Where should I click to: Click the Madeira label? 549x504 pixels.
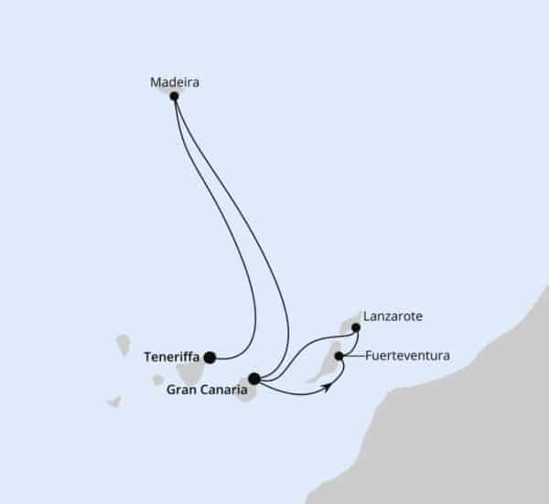pos(175,82)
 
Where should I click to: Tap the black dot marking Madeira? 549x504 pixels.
pos(174,96)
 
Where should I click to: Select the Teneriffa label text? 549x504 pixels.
pos(172,357)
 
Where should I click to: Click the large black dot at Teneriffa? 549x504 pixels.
pos(210,358)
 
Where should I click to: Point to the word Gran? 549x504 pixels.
pos(180,390)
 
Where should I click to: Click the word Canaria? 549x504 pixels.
pos(223,390)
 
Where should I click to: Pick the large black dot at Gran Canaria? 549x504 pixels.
pos(254,379)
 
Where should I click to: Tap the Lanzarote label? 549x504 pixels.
pos(393,316)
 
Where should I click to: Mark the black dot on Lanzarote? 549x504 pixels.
pos(356,328)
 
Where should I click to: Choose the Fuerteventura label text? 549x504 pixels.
pos(407,356)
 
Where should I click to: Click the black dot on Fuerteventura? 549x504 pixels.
pos(339,356)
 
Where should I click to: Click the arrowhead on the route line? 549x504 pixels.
pos(328,387)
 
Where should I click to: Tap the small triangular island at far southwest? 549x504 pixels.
pos(115,402)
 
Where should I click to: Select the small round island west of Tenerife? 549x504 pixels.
pos(158,381)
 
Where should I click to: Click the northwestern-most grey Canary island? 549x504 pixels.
pos(124,345)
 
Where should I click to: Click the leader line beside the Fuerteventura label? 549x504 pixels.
pos(352,356)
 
